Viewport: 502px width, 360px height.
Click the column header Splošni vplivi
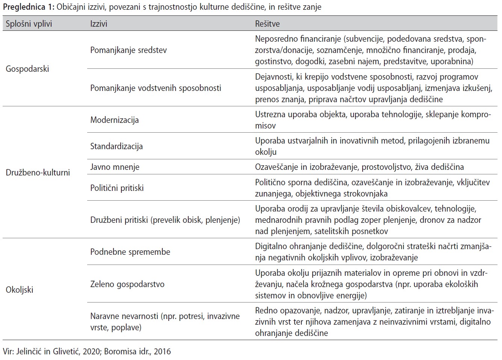(29, 24)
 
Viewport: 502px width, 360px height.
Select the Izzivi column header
(98, 24)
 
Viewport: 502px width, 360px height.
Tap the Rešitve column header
(267, 24)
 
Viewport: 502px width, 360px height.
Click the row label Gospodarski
(27, 69)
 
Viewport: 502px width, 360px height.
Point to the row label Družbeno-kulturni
(38, 173)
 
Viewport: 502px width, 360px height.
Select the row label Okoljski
(20, 290)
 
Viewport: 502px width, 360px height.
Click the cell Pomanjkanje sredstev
(129, 50)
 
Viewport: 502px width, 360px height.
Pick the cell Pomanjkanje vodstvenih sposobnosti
(156, 88)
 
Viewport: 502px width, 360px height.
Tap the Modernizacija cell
(115, 120)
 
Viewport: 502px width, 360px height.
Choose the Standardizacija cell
(116, 147)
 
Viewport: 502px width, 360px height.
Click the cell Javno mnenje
(115, 167)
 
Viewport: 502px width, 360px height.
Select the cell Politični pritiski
(117, 188)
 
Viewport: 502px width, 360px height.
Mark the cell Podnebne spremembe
(130, 252)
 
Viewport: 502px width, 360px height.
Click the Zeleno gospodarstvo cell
(127, 284)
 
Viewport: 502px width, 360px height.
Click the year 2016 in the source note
(162, 352)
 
